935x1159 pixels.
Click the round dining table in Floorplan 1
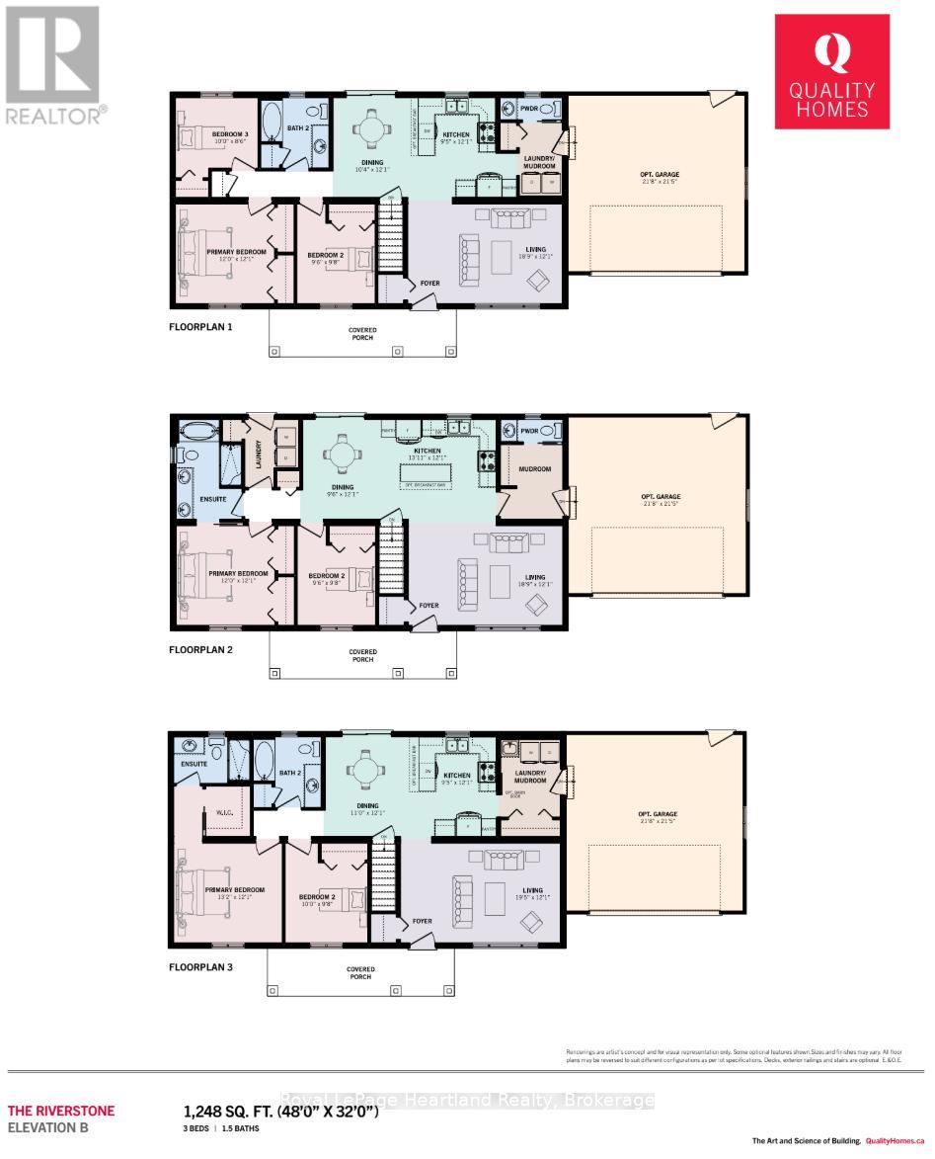(369, 129)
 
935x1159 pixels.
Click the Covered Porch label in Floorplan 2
(362, 656)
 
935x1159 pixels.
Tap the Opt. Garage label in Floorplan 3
(660, 815)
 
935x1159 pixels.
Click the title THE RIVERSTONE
(61, 1111)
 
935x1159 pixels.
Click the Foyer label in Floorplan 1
(429, 284)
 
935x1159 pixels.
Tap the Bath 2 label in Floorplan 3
(289, 773)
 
